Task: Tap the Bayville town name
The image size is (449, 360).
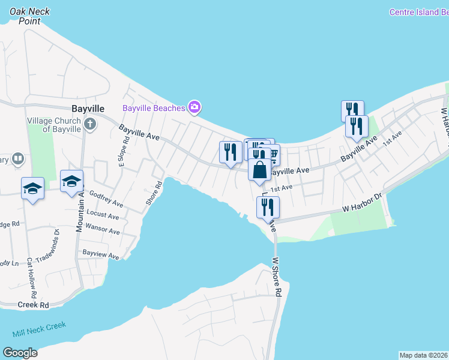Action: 88,109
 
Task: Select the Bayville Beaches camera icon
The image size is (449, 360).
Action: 194,107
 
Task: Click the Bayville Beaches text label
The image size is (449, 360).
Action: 154,109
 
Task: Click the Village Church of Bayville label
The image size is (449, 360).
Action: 54,125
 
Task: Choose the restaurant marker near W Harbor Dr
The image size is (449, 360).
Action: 268,208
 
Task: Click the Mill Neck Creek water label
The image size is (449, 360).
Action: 39,329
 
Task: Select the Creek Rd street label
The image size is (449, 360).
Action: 33,305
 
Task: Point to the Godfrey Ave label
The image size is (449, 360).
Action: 106,199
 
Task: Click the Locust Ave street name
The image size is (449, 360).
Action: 103,214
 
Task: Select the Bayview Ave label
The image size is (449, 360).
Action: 101,254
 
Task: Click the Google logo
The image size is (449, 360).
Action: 20,353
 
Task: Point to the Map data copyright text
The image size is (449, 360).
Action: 424,355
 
